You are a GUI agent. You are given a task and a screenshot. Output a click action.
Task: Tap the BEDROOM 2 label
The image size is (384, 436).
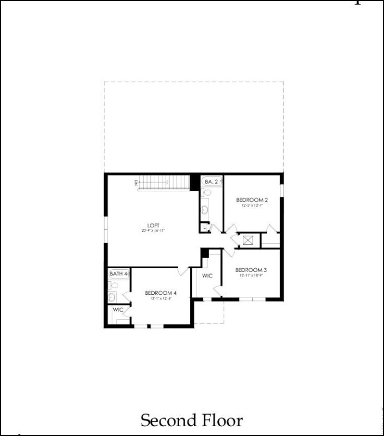point(252,200)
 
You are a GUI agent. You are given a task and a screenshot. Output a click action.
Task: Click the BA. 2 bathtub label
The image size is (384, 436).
point(211,181)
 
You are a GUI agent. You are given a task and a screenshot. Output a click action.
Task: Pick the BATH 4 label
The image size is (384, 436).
point(118,274)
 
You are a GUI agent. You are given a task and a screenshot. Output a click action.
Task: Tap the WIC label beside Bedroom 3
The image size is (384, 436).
point(208,276)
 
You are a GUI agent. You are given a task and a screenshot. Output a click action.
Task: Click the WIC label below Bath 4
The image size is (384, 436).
point(118,310)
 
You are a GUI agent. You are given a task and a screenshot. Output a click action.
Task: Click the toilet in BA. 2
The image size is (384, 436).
point(206,192)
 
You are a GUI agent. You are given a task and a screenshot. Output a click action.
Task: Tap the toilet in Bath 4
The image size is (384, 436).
point(112,285)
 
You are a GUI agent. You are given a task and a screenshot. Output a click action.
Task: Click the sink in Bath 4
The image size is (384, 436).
point(112,297)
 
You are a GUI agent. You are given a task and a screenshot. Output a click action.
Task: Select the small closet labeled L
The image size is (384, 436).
point(204,227)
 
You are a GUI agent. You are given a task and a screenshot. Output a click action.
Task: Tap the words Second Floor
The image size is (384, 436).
point(192,420)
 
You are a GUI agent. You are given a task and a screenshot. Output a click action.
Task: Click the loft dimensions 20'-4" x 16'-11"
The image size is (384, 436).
point(153,231)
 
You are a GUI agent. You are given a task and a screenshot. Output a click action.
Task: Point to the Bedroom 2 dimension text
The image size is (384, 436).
point(252,205)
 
